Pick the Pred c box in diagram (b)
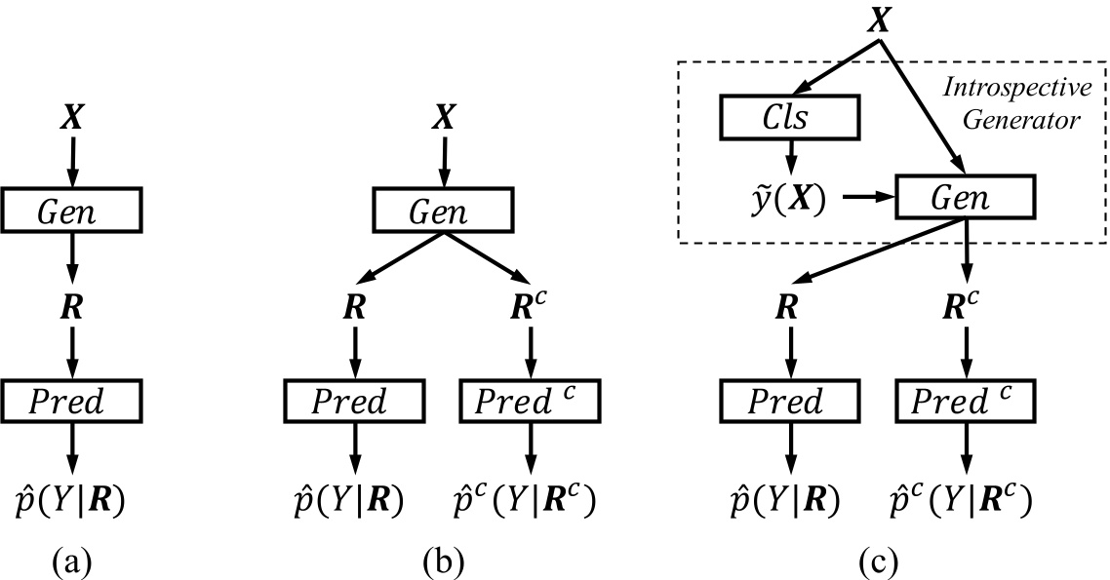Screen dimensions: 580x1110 click(x=530, y=401)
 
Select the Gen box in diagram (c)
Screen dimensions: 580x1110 click(x=964, y=198)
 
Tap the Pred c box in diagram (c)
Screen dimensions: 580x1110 click(x=964, y=401)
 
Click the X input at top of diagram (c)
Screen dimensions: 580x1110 click(x=880, y=19)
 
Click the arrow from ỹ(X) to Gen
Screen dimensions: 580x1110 click(x=865, y=198)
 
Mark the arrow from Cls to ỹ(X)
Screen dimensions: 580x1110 click(x=788, y=157)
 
